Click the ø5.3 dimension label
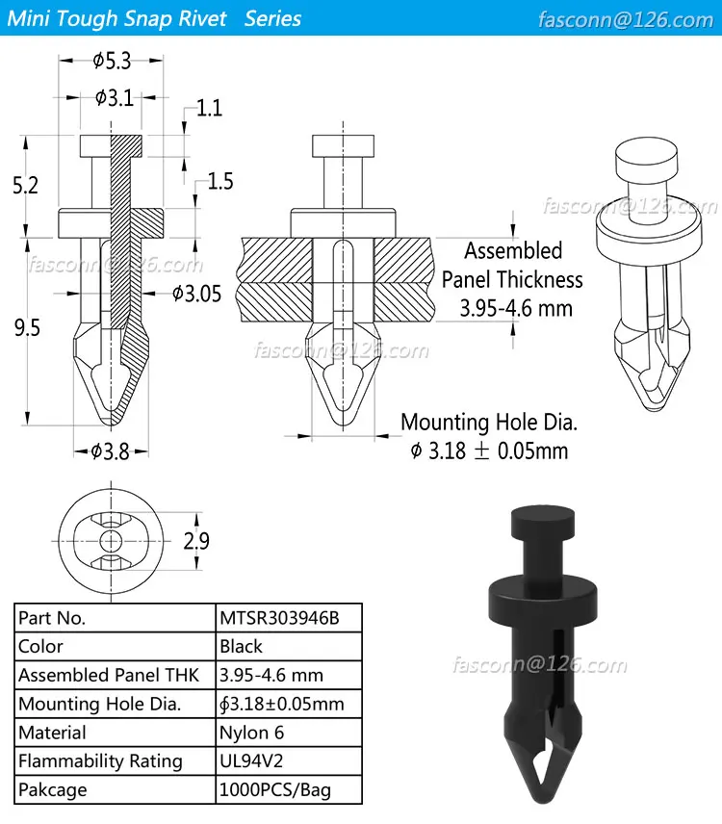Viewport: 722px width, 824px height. click(x=113, y=62)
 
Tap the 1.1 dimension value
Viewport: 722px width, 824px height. click(x=209, y=108)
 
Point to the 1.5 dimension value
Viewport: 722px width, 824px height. click(x=220, y=181)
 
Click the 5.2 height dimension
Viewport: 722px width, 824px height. click(x=26, y=185)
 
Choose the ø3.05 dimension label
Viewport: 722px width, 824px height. click(x=196, y=294)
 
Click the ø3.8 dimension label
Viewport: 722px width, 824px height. click(x=110, y=451)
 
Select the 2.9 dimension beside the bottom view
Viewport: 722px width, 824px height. click(x=196, y=542)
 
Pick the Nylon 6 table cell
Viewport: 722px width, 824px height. click(x=251, y=733)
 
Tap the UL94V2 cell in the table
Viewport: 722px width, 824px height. click(x=252, y=761)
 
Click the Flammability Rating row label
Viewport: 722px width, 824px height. click(x=100, y=761)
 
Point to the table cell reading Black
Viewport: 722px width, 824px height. click(x=241, y=647)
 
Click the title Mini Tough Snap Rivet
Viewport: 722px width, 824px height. click(x=120, y=18)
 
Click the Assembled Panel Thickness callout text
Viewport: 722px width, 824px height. click(x=512, y=279)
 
